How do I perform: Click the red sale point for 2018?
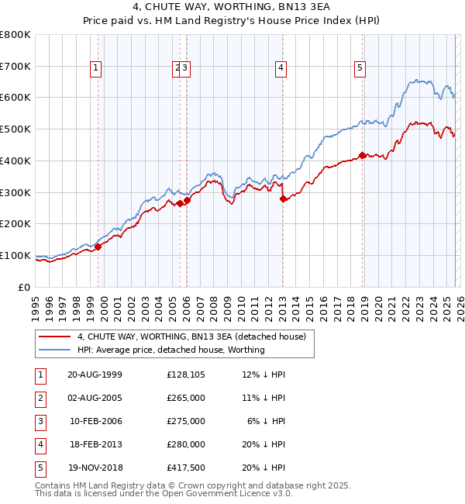[x=363, y=155]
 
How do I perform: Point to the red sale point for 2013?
[x=283, y=198]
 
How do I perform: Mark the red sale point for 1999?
[x=98, y=247]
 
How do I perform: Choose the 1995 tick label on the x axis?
[x=36, y=306]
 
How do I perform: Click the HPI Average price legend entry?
[x=170, y=350]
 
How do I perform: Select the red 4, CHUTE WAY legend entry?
[x=191, y=337]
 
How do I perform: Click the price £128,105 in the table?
[x=185, y=375]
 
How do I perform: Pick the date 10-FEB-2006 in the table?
[x=95, y=421]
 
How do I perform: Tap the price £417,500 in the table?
[x=185, y=468]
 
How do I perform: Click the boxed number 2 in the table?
[x=39, y=398]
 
